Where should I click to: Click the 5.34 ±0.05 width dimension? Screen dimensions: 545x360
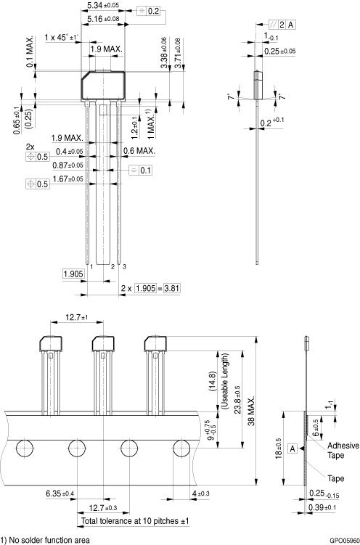pos(104,5)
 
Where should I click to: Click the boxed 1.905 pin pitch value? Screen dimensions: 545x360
pos(73,274)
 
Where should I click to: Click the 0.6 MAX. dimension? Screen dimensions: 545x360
pos(139,151)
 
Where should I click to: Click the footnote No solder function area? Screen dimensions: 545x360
pos(46,539)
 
